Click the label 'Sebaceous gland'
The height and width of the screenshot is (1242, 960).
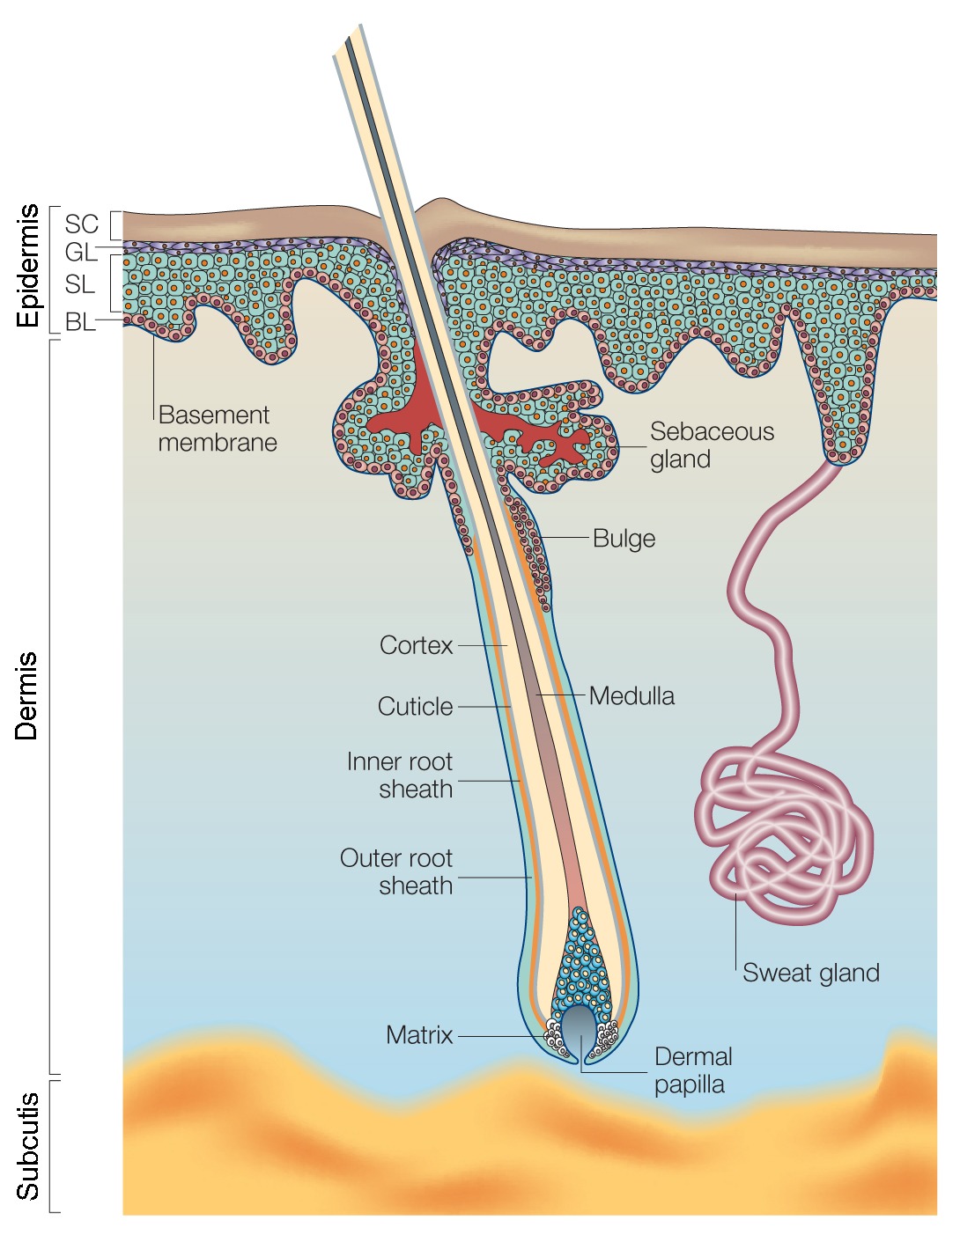pyautogui.click(x=712, y=445)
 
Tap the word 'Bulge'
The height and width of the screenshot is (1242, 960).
pyautogui.click(x=624, y=539)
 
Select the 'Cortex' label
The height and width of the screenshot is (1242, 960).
pyautogui.click(x=416, y=645)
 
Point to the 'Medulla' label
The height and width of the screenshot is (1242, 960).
pyautogui.click(x=631, y=696)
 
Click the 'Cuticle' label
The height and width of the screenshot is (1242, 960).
pyautogui.click(x=415, y=707)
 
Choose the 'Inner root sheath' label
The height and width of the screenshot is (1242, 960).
pyautogui.click(x=400, y=775)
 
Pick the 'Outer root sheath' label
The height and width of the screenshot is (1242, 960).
pyautogui.click(x=396, y=871)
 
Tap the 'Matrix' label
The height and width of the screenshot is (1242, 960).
pyautogui.click(x=419, y=1035)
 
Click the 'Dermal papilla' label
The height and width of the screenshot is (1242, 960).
pyautogui.click(x=693, y=1069)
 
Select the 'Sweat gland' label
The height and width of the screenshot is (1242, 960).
pyautogui.click(x=810, y=973)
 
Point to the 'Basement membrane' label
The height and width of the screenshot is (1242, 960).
pyautogui.click(x=217, y=429)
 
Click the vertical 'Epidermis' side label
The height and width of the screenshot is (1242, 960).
pyautogui.click(x=28, y=266)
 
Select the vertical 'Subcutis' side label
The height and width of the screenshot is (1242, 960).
pyautogui.click(x=28, y=1146)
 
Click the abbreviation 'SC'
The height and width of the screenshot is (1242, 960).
pyautogui.click(x=81, y=224)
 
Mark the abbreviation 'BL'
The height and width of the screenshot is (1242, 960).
pyautogui.click(x=80, y=322)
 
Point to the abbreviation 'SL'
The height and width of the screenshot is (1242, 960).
pyautogui.click(x=80, y=284)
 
